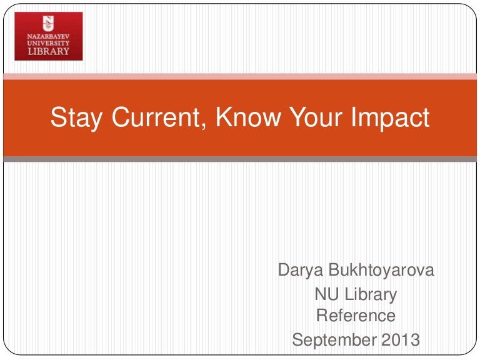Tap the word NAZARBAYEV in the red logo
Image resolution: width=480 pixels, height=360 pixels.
coord(48,36)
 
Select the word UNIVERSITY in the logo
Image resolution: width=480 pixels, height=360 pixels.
coord(48,43)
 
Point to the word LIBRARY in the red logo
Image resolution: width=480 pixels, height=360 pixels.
coord(48,51)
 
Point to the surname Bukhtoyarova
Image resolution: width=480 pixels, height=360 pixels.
coord(382,272)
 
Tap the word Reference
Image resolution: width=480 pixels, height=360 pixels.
coord(356,316)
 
